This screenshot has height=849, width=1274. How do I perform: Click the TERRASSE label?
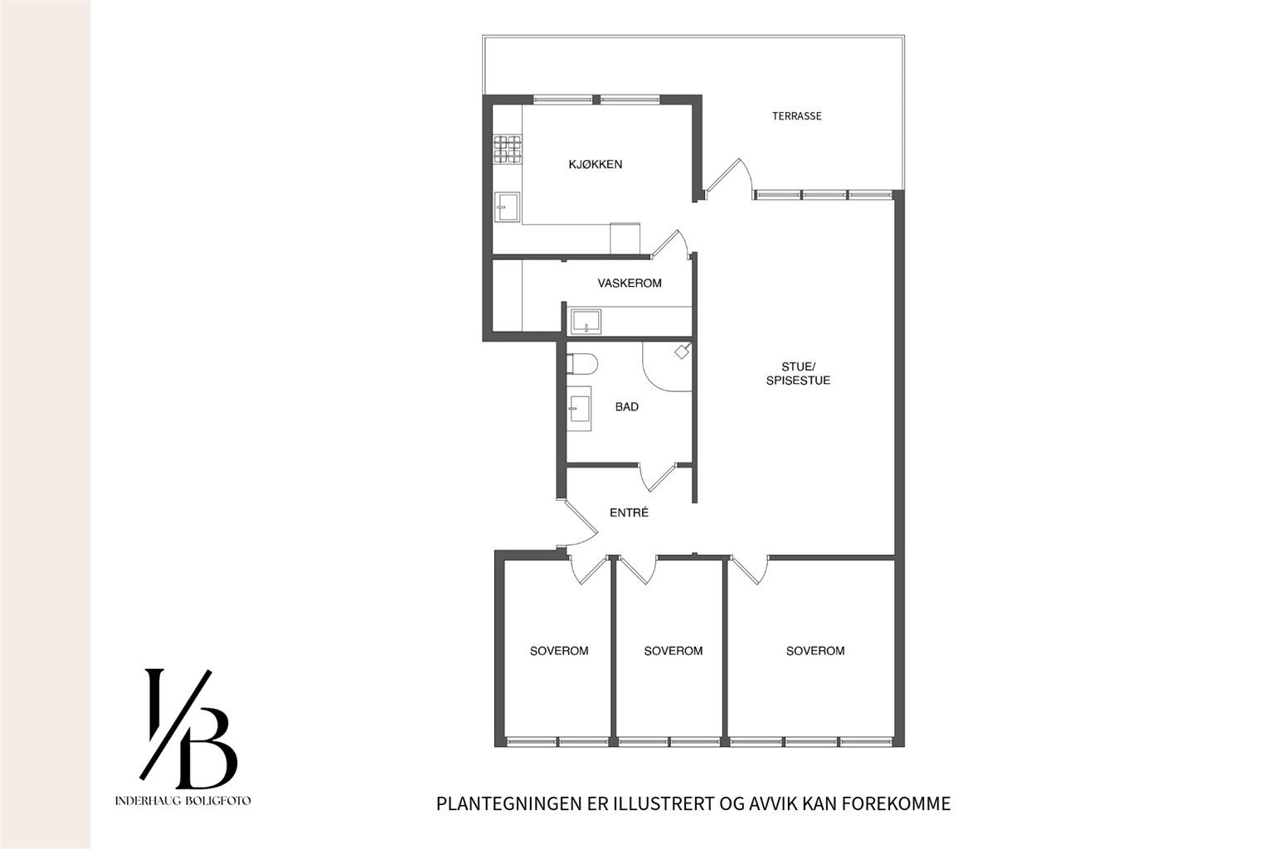(x=796, y=116)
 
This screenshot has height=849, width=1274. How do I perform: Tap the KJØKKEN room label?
(x=595, y=164)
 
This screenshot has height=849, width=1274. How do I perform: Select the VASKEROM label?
(x=629, y=284)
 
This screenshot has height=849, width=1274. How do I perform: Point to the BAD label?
(x=627, y=406)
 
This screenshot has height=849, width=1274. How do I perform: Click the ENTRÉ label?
(x=629, y=512)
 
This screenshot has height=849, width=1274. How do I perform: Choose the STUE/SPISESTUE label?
(x=798, y=374)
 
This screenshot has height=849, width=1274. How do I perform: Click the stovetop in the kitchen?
(x=508, y=149)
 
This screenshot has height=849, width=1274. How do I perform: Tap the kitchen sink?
(x=507, y=207)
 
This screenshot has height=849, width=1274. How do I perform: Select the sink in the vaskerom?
(x=586, y=322)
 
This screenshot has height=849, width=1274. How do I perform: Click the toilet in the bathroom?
(x=581, y=364)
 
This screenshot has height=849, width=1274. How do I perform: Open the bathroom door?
(x=658, y=478)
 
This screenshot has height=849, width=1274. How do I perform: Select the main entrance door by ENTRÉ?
(x=580, y=524)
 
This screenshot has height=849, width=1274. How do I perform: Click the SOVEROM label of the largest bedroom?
(x=815, y=651)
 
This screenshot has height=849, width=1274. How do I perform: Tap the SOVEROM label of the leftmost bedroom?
(x=559, y=651)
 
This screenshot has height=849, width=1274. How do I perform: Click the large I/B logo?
(x=188, y=730)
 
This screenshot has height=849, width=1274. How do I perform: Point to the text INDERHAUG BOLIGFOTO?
(x=182, y=801)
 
